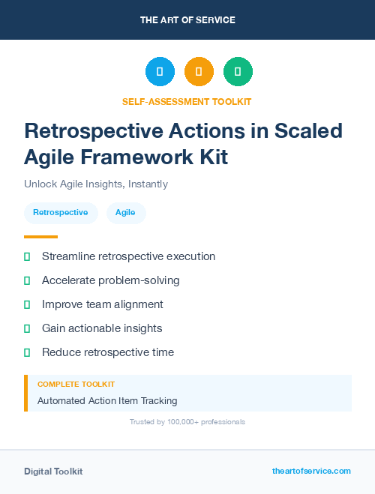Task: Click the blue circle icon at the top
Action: pyautogui.click(x=160, y=71)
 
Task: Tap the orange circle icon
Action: pyautogui.click(x=199, y=71)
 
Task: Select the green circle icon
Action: pyautogui.click(x=238, y=71)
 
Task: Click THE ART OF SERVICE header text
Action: pyautogui.click(x=187, y=20)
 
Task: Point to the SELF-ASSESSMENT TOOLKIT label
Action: pyautogui.click(x=187, y=101)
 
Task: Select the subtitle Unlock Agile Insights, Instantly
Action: pyautogui.click(x=96, y=184)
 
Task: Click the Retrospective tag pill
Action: pyautogui.click(x=61, y=213)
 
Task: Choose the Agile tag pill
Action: pyautogui.click(x=126, y=213)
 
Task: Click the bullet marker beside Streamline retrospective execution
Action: pyautogui.click(x=27, y=256)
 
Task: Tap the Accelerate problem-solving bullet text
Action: pyautogui.click(x=110, y=280)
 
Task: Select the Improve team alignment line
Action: pyautogui.click(x=102, y=304)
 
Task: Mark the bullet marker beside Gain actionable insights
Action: pyautogui.click(x=27, y=328)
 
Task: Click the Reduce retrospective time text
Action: pyautogui.click(x=107, y=352)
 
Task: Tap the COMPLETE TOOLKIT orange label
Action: pyautogui.click(x=76, y=384)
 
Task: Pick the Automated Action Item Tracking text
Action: pyautogui.click(x=107, y=401)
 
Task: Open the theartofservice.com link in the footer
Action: pyautogui.click(x=311, y=471)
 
